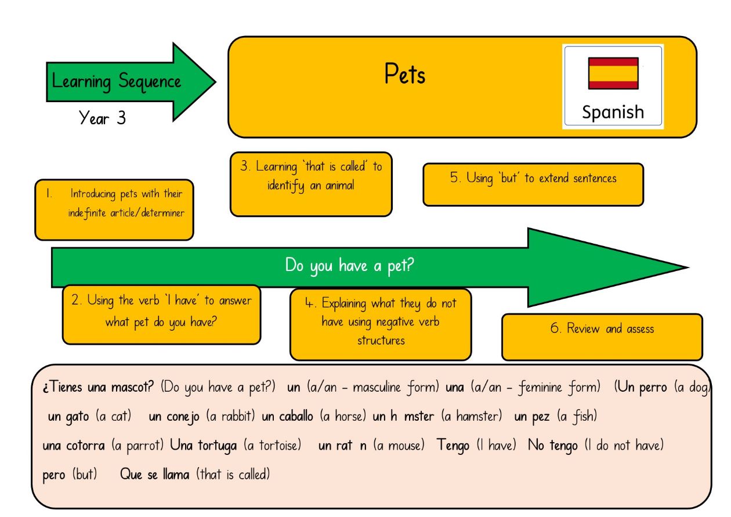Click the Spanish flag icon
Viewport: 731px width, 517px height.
point(614,74)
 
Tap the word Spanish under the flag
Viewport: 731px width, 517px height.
point(613,112)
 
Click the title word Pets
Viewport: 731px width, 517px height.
point(405,74)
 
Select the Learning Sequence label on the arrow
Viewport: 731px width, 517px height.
point(116,82)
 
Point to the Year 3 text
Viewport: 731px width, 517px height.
point(102,117)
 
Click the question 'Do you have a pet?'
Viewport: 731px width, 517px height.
point(349,266)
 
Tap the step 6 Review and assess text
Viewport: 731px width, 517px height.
point(602,328)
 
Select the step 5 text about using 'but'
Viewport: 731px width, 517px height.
point(533,178)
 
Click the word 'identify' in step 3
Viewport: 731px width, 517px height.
point(285,186)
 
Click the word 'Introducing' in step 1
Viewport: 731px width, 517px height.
point(93,194)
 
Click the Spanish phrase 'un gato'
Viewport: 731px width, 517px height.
point(68,417)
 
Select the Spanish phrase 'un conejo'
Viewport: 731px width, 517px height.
point(173,417)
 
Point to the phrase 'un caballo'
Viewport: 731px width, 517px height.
point(287,416)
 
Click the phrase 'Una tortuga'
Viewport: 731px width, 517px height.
point(203,446)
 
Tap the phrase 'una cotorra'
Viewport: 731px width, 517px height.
point(74,446)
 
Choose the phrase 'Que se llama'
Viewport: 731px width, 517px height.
point(155,474)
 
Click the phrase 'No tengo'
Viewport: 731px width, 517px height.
point(553,445)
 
